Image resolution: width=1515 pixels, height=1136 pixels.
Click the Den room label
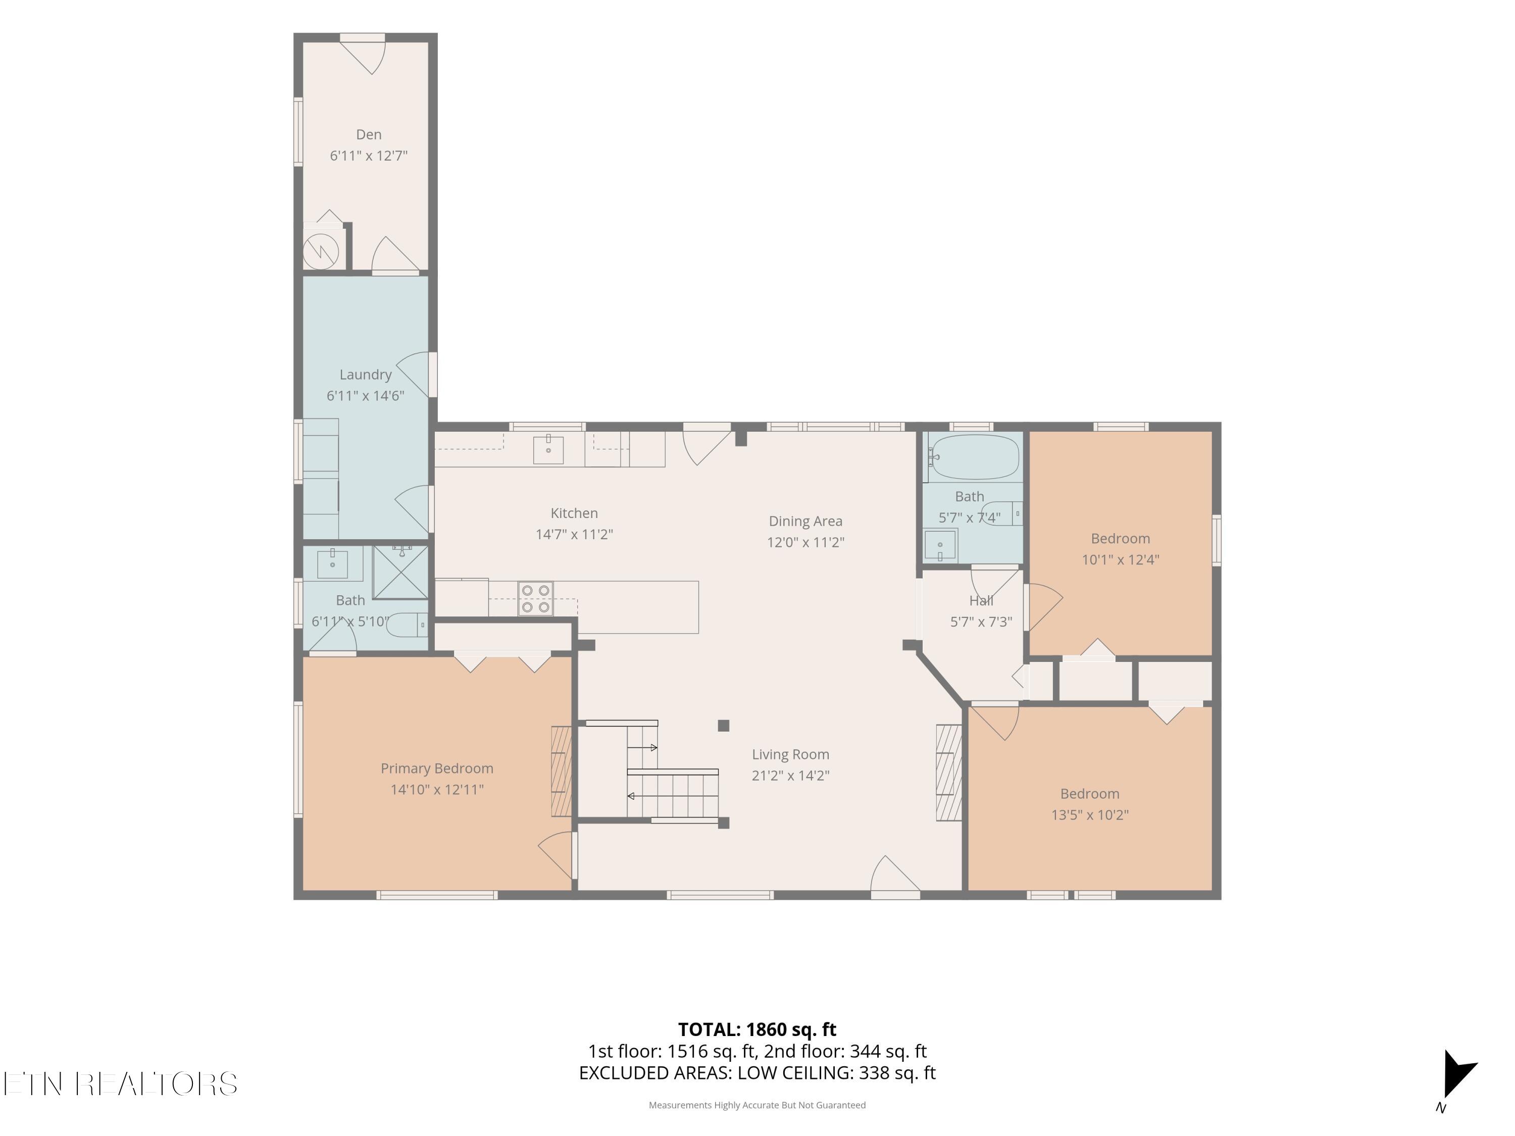pos(369,134)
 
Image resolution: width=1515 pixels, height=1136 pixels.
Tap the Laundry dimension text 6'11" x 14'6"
pos(365,395)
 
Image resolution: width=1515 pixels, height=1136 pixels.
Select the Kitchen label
pos(574,513)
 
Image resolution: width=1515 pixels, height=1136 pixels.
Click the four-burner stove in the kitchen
pos(536,598)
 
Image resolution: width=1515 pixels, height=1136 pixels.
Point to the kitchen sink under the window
pos(548,450)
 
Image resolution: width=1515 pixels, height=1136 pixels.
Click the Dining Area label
pos(805,521)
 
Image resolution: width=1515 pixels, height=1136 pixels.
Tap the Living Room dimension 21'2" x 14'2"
pos(790,775)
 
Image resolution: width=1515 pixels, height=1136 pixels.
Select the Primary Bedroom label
pos(437,768)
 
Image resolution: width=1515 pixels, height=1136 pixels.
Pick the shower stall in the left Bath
pos(400,573)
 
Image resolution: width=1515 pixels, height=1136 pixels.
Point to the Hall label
pos(981,600)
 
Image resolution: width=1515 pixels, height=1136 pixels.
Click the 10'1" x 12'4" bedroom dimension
pos(1121,559)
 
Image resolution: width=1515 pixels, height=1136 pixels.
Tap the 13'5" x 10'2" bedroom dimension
pos(1090,815)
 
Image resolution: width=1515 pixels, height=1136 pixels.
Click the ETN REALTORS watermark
pos(121,1084)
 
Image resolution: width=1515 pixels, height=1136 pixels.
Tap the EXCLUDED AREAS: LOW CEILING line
pos(757,1073)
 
